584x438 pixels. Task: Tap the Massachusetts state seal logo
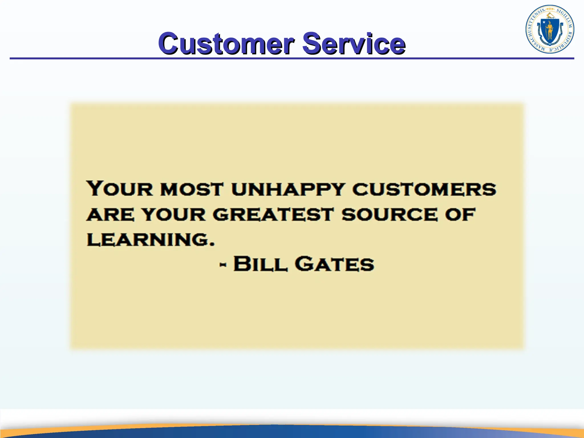[x=550, y=29]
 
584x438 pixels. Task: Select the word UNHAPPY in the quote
[x=288, y=189]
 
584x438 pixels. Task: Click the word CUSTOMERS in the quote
[x=424, y=189]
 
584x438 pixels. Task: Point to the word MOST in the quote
[x=191, y=189]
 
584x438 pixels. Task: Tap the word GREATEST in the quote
[x=273, y=214]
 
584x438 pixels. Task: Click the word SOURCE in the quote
[x=389, y=214]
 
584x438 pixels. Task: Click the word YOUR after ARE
[x=174, y=214]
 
